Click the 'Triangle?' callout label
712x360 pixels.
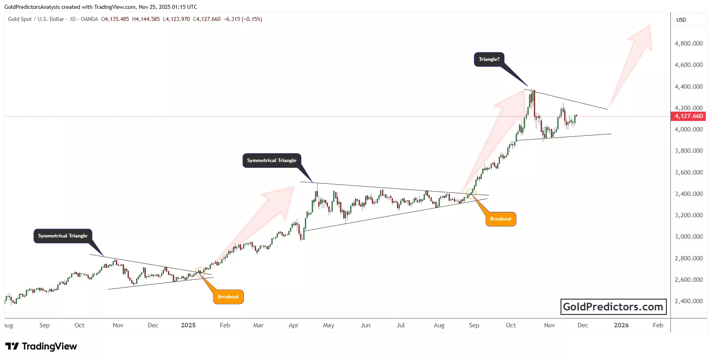point(489,59)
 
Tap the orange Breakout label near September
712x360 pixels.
point(501,219)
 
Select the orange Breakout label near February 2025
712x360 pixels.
point(228,297)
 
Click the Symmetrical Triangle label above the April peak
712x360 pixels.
point(272,160)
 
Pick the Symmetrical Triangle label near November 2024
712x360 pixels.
point(63,236)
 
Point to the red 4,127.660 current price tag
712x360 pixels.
point(689,116)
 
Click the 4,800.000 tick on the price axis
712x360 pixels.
point(689,44)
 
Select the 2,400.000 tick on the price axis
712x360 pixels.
point(689,301)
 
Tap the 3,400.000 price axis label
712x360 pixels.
point(689,194)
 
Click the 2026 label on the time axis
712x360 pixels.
point(621,325)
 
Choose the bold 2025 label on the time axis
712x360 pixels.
point(188,325)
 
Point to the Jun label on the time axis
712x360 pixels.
point(365,325)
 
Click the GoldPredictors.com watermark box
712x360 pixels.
point(613,307)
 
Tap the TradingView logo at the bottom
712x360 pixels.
point(41,346)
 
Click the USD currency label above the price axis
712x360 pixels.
point(681,20)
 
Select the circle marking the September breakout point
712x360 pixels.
point(471,194)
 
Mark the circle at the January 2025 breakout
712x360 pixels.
point(200,272)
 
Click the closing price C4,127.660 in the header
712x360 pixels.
point(207,19)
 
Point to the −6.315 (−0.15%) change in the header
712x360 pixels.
point(243,19)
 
